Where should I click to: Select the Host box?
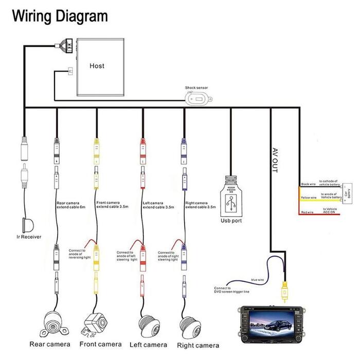click(x=97, y=66)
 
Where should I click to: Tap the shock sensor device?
click(x=197, y=98)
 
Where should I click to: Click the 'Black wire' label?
click(x=307, y=184)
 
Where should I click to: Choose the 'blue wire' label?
click(x=257, y=279)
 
